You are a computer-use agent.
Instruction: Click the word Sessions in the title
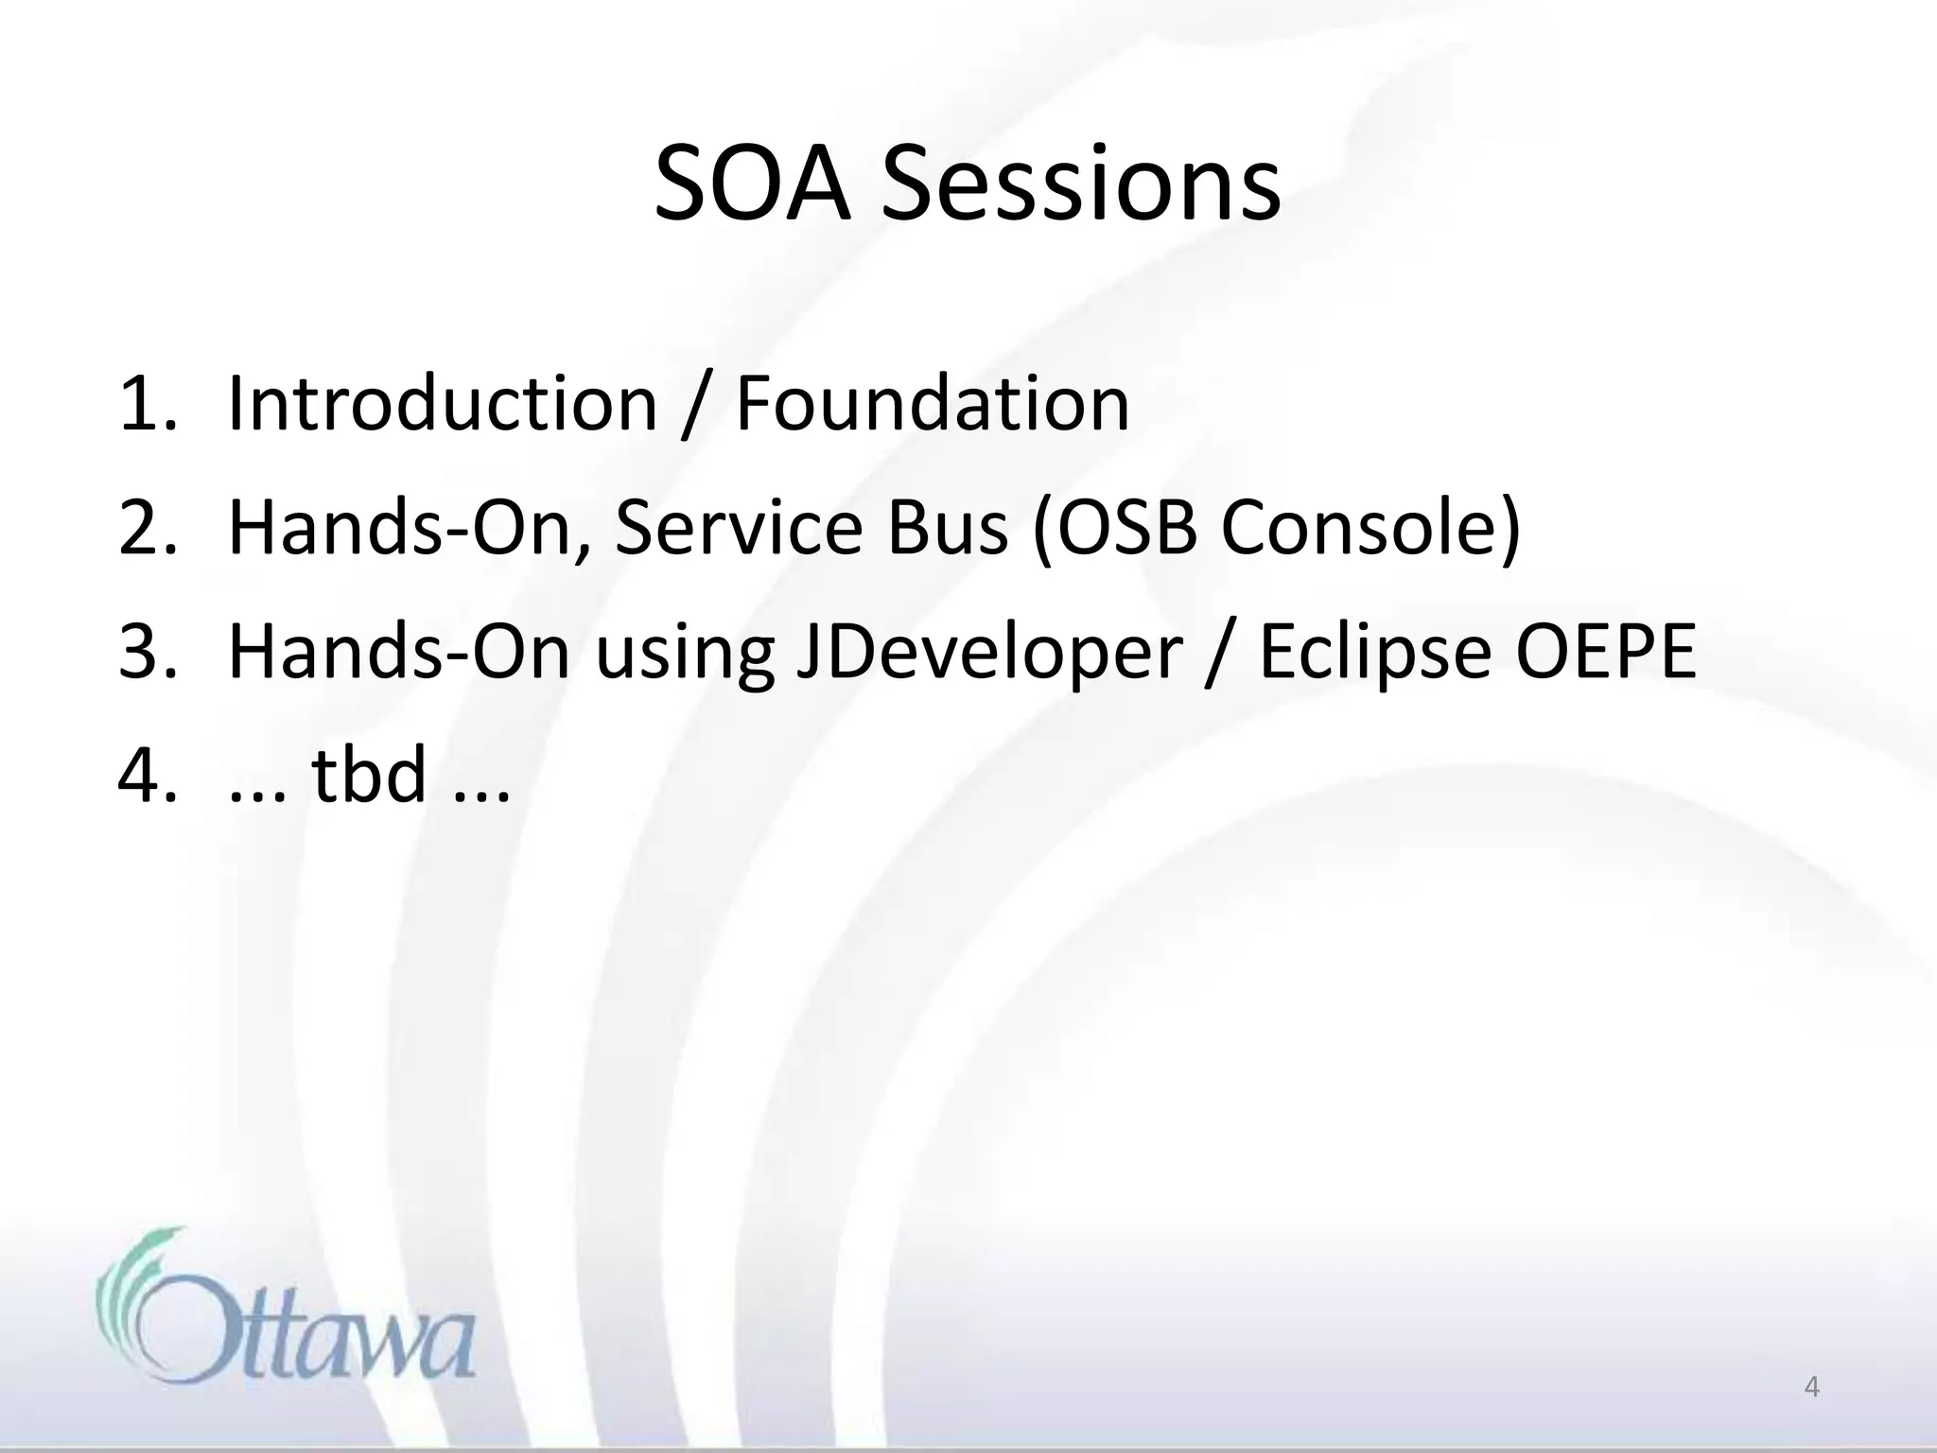tap(1081, 185)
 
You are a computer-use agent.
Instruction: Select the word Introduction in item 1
tap(443, 404)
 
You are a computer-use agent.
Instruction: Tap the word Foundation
tap(932, 404)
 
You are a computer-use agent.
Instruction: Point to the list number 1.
tap(147, 404)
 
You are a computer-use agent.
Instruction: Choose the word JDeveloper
tap(989, 655)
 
